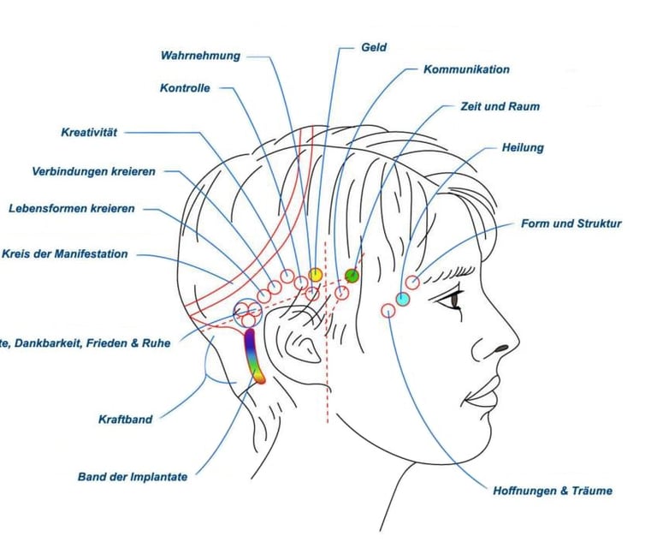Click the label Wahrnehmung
(x=201, y=56)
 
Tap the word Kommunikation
(x=466, y=69)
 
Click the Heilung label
(x=522, y=147)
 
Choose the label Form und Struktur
(x=571, y=223)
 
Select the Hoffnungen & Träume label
(x=552, y=491)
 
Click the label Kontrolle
(x=185, y=87)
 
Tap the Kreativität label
(x=89, y=132)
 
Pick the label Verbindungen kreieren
(x=94, y=171)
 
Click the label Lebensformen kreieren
(x=71, y=208)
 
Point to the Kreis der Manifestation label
(x=65, y=253)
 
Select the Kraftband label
(x=125, y=419)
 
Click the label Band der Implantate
(x=132, y=476)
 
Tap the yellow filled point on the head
(x=315, y=274)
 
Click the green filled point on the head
(x=352, y=275)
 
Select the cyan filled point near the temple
(x=402, y=299)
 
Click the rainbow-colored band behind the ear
(x=254, y=354)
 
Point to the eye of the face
(x=452, y=299)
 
